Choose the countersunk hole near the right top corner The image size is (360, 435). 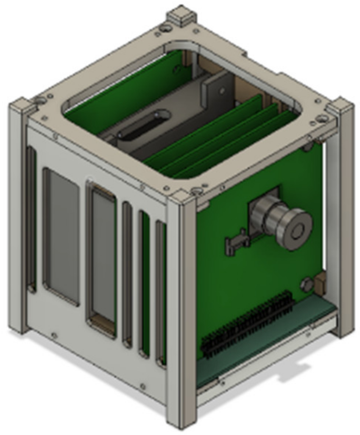point(322,118)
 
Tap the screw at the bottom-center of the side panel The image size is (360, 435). point(142,386)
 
